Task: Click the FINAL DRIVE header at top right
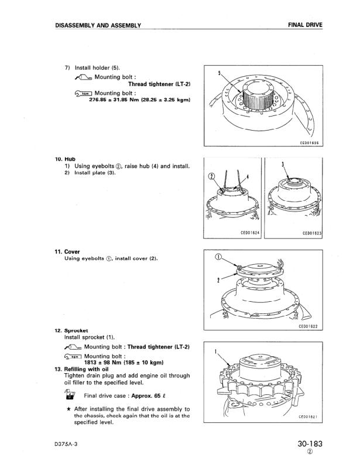[306, 25]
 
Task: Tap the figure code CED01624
[250, 233]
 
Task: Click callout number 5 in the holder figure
[218, 73]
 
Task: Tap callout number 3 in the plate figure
[284, 164]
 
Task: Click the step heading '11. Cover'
[68, 252]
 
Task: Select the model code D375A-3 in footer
[67, 445]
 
